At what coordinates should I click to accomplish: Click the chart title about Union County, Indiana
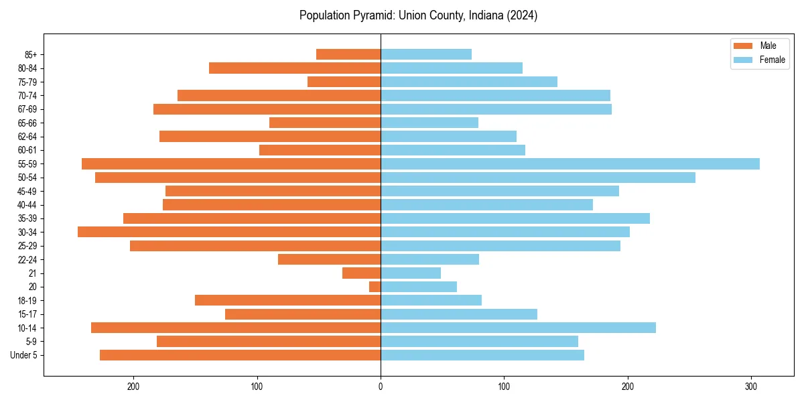click(418, 15)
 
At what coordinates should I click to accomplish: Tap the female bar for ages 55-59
click(569, 164)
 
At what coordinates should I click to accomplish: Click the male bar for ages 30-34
click(229, 232)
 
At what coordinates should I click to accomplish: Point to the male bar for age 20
click(375, 287)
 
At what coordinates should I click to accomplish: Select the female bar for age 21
click(411, 273)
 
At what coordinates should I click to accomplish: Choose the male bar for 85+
click(348, 54)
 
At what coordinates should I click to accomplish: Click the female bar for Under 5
click(482, 355)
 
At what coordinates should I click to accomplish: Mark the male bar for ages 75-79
click(344, 82)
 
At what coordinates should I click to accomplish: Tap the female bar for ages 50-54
click(538, 178)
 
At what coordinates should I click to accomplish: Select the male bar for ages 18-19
click(287, 300)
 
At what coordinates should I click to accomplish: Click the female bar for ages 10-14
click(518, 328)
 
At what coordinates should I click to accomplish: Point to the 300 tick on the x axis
click(752, 386)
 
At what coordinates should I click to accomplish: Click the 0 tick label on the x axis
click(381, 386)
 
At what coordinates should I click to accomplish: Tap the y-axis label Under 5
click(24, 355)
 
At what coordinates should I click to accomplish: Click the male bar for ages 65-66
click(325, 123)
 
